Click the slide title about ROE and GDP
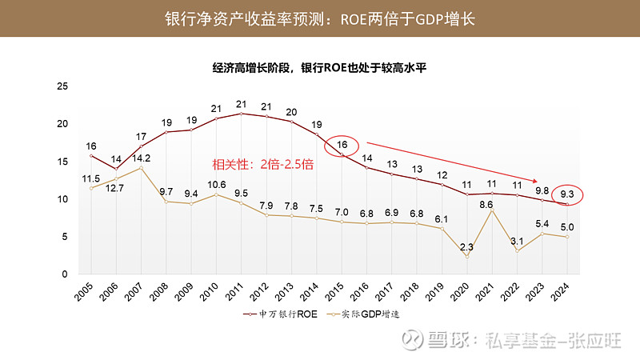(320, 18)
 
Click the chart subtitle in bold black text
(320, 68)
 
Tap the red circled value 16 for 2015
(342, 145)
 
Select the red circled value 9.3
(566, 193)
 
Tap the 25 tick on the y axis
(64, 86)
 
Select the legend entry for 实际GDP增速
(358, 315)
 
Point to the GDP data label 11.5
(90, 178)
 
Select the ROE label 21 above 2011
(241, 104)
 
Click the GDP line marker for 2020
(466, 256)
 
